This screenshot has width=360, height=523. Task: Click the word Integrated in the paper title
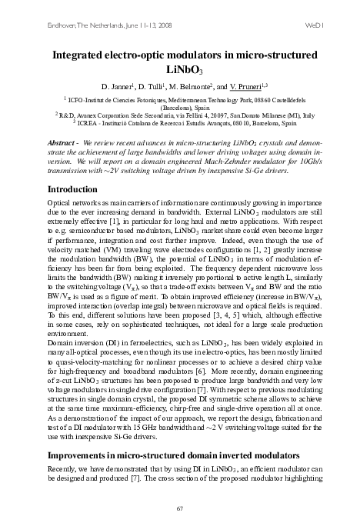pos(83,55)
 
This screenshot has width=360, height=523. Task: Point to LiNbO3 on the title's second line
pos(179,70)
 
